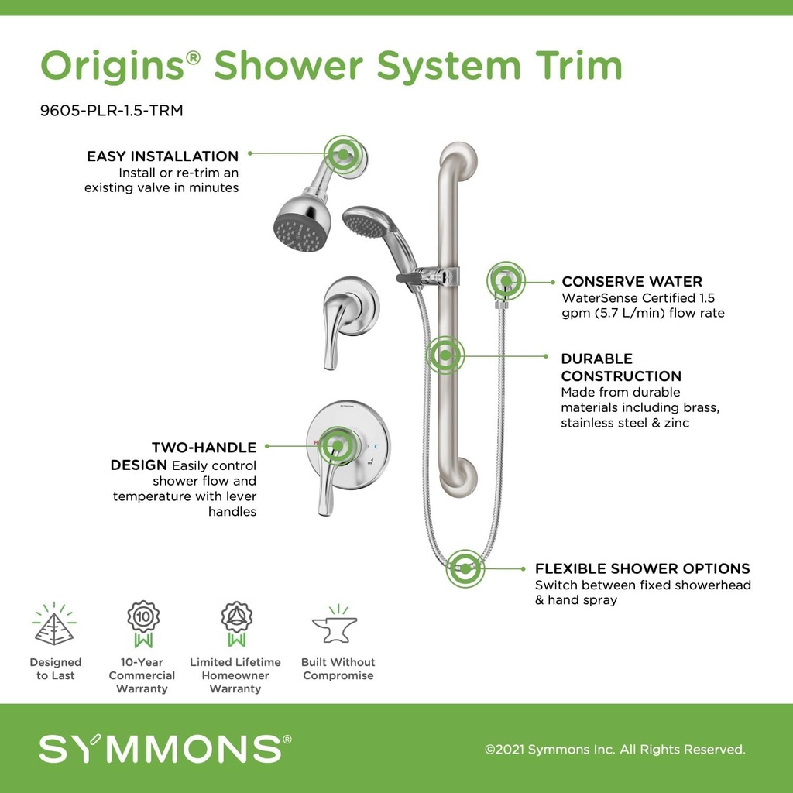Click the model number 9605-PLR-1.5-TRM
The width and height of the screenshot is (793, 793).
tap(112, 111)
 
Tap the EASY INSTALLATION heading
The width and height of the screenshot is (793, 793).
tap(163, 156)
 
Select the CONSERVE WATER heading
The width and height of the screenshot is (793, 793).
tap(632, 282)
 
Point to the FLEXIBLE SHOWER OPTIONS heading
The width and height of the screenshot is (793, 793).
tap(642, 568)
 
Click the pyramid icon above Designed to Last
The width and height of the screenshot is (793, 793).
tap(55, 626)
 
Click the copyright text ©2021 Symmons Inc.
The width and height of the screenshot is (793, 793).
tap(615, 750)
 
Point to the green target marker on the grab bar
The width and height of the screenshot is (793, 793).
tap(445, 355)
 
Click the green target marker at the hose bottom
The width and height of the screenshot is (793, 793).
tap(465, 568)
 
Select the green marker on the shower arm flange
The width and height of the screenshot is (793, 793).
tap(343, 155)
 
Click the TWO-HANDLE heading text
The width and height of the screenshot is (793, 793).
tap(204, 448)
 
